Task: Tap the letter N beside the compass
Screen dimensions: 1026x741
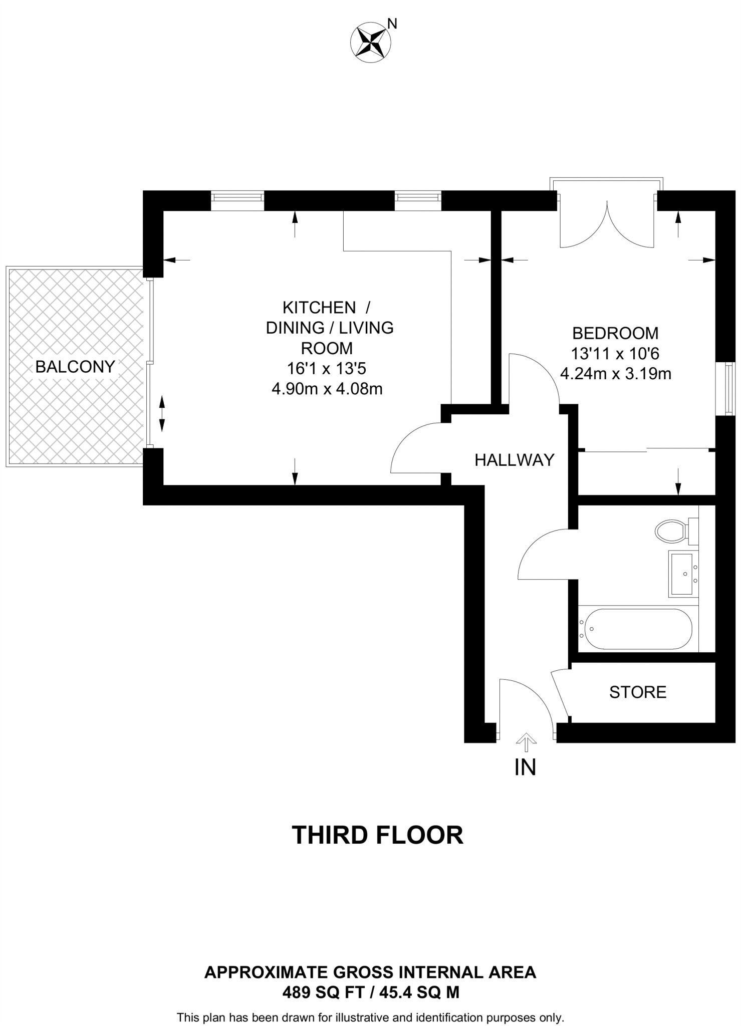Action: [393, 24]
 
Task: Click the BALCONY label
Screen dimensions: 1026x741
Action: [75, 367]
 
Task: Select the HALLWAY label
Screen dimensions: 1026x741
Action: [515, 459]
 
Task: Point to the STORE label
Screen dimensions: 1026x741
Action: [638, 692]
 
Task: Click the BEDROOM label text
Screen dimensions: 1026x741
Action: [615, 333]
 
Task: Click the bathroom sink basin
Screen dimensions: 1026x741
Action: [682, 573]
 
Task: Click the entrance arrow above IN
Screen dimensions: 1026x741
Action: [526, 742]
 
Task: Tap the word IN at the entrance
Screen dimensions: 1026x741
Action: [525, 767]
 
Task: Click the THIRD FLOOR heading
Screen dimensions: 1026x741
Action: [377, 835]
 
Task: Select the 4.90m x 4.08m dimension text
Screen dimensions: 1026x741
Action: [327, 389]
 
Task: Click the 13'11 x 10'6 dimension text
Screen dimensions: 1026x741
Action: [615, 354]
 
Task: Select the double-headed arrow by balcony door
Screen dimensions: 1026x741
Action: [162, 413]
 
